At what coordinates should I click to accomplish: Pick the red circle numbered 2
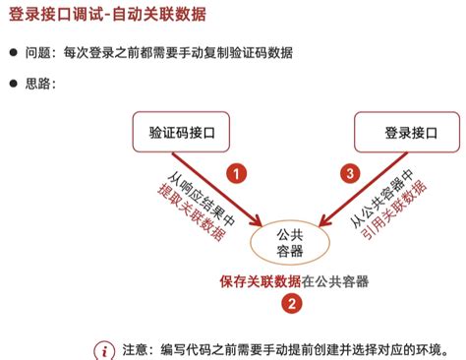[x=291, y=304]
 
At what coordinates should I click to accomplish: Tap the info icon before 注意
[x=104, y=349]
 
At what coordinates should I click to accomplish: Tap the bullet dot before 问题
[x=13, y=52]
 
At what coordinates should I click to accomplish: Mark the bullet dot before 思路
[x=13, y=84]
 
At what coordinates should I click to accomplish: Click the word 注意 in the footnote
[x=134, y=349]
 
